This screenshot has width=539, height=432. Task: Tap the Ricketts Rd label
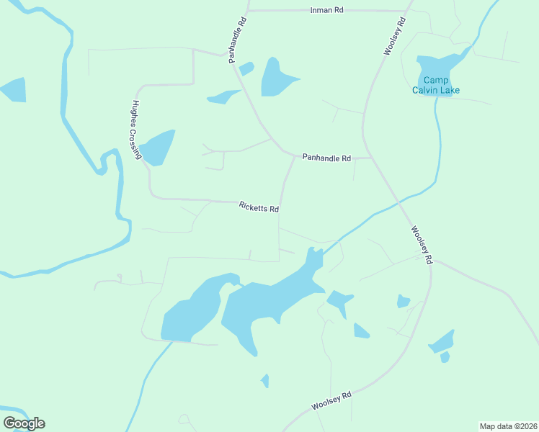point(259,207)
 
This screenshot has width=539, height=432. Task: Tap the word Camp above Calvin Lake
point(436,80)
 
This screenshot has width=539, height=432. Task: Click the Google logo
point(24,423)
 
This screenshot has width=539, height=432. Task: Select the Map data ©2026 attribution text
point(508,426)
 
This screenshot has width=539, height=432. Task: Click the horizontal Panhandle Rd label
point(326,157)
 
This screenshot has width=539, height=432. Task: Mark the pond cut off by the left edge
point(13,89)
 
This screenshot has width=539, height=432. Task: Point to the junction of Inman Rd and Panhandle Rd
point(248,11)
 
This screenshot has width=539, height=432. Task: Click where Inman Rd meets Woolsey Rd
point(408,11)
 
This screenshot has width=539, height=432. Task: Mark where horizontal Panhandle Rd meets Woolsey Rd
point(370,157)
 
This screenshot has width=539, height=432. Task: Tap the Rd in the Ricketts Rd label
point(274,210)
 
